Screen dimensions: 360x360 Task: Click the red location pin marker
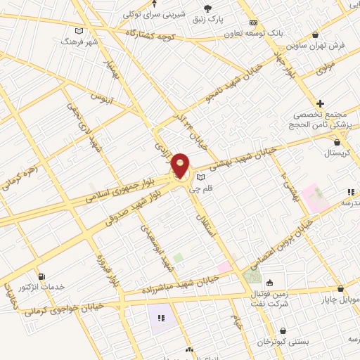coord(181,167)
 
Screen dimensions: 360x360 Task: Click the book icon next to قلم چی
coord(201,176)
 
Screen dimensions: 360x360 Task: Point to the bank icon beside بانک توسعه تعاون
coord(254,22)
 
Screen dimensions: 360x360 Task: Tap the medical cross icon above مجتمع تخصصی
coord(321,103)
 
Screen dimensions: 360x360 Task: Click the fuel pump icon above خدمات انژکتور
coord(41,276)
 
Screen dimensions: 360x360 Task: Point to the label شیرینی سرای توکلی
coord(155,13)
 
